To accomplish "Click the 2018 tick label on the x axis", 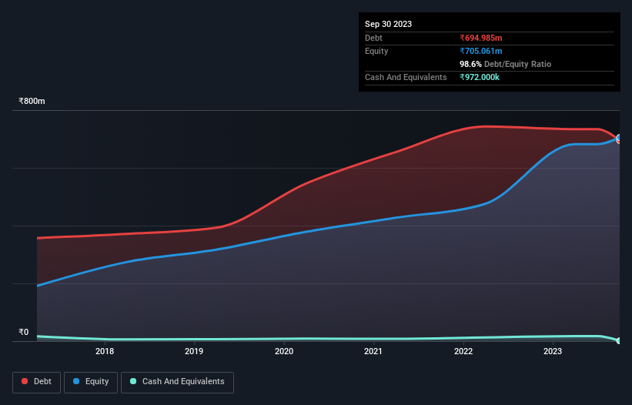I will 105,351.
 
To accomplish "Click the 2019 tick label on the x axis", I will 194,351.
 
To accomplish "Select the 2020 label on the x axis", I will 284,351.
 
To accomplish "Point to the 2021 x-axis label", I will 373,351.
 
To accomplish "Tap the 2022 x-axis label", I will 463,351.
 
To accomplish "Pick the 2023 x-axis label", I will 553,351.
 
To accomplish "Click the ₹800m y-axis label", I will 32,102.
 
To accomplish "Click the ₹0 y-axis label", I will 23,333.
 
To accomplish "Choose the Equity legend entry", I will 90,381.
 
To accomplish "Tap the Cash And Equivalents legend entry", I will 177,381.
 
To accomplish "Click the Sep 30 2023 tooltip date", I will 388,24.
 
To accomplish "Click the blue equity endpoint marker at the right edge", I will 619,139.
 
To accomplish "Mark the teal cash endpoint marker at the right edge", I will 619,340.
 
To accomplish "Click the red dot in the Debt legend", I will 25,381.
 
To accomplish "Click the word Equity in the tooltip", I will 376,51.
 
